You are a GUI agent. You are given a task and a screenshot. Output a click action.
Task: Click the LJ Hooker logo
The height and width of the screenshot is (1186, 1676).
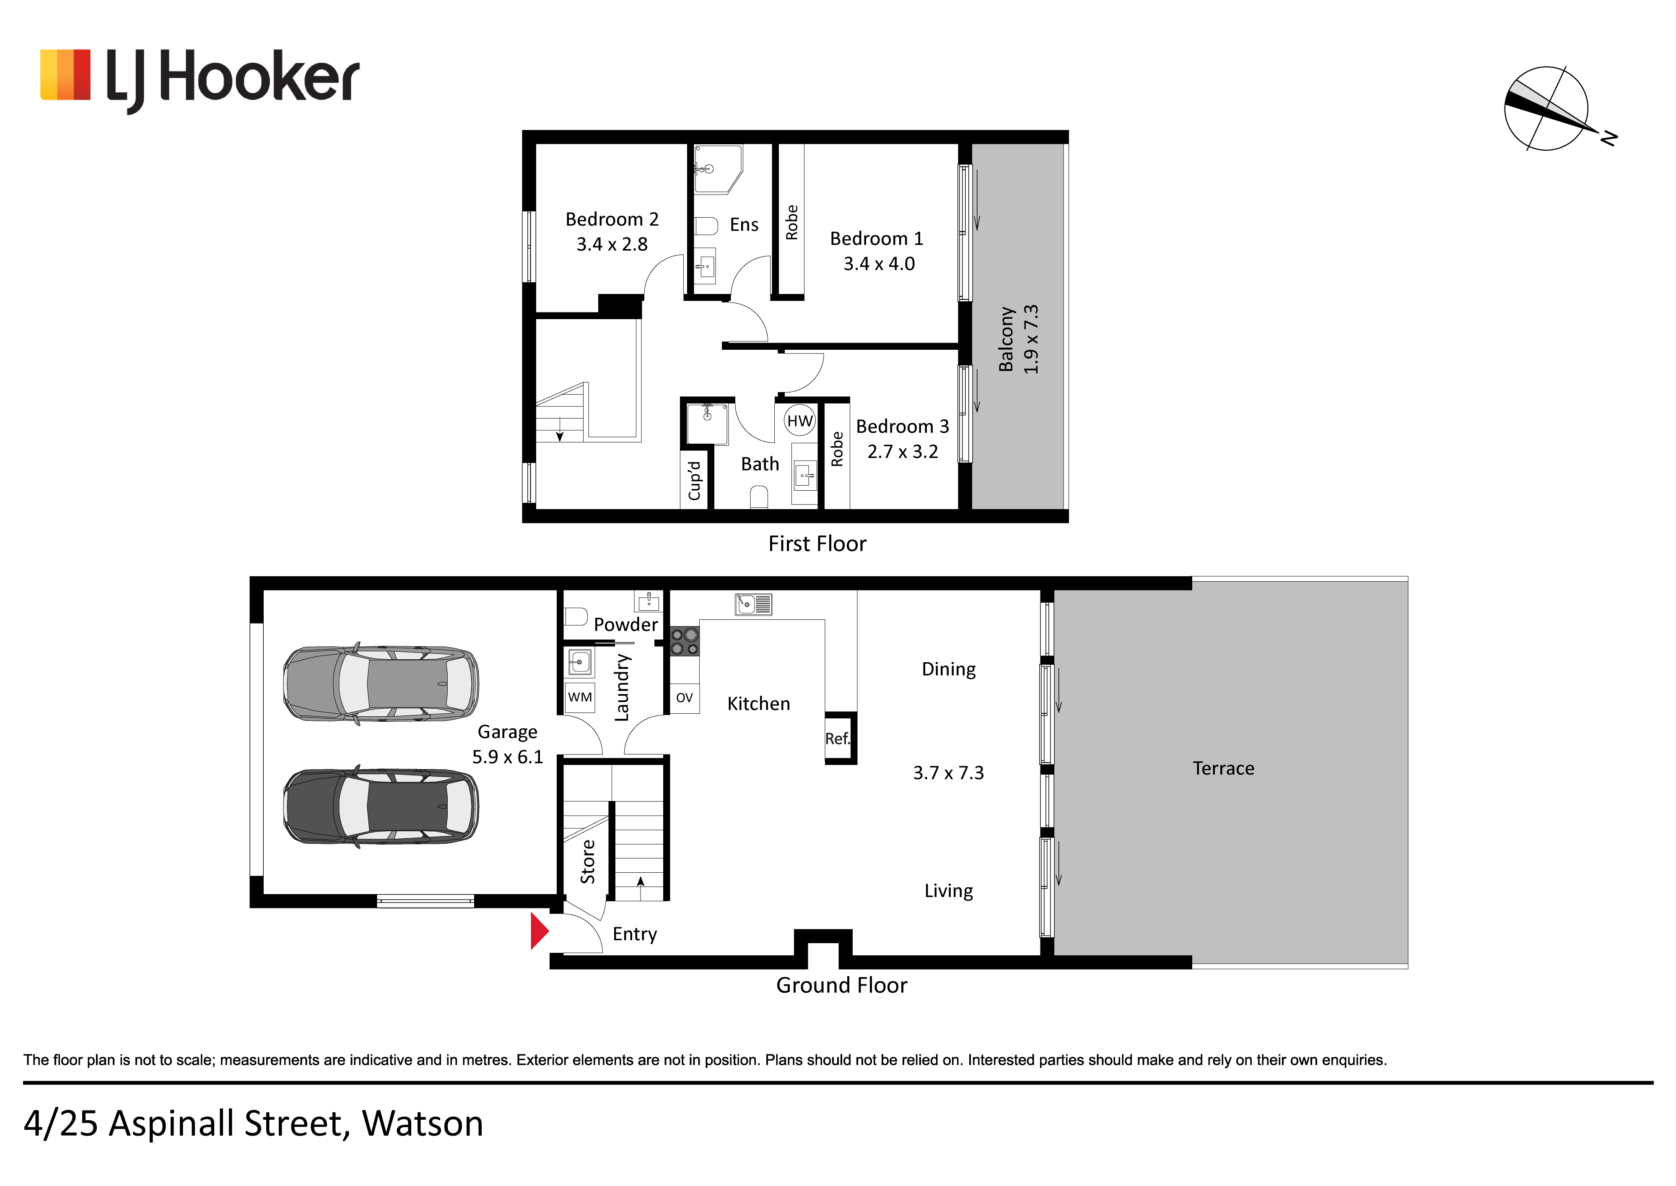199,79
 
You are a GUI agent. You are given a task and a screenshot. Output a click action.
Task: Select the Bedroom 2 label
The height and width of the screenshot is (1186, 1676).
612,219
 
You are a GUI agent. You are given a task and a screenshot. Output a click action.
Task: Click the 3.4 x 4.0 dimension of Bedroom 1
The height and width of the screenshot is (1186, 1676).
879,264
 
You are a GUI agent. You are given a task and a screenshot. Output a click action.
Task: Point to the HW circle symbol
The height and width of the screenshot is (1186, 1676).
799,421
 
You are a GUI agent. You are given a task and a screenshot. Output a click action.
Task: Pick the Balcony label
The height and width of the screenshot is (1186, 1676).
1006,339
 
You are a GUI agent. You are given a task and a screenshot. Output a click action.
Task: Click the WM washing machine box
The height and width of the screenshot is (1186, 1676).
580,697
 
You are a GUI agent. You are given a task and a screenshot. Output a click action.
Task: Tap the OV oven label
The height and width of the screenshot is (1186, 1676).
684,697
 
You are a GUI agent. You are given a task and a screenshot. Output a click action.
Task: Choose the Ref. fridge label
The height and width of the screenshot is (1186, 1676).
838,739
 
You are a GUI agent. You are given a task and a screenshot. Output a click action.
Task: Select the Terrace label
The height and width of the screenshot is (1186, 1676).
1223,768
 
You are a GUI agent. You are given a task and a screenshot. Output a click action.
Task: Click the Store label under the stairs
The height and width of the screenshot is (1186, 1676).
588,862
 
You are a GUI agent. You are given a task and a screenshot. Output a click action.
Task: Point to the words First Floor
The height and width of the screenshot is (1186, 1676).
817,544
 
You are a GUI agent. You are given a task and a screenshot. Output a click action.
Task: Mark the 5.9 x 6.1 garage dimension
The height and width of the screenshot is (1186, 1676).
507,757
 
